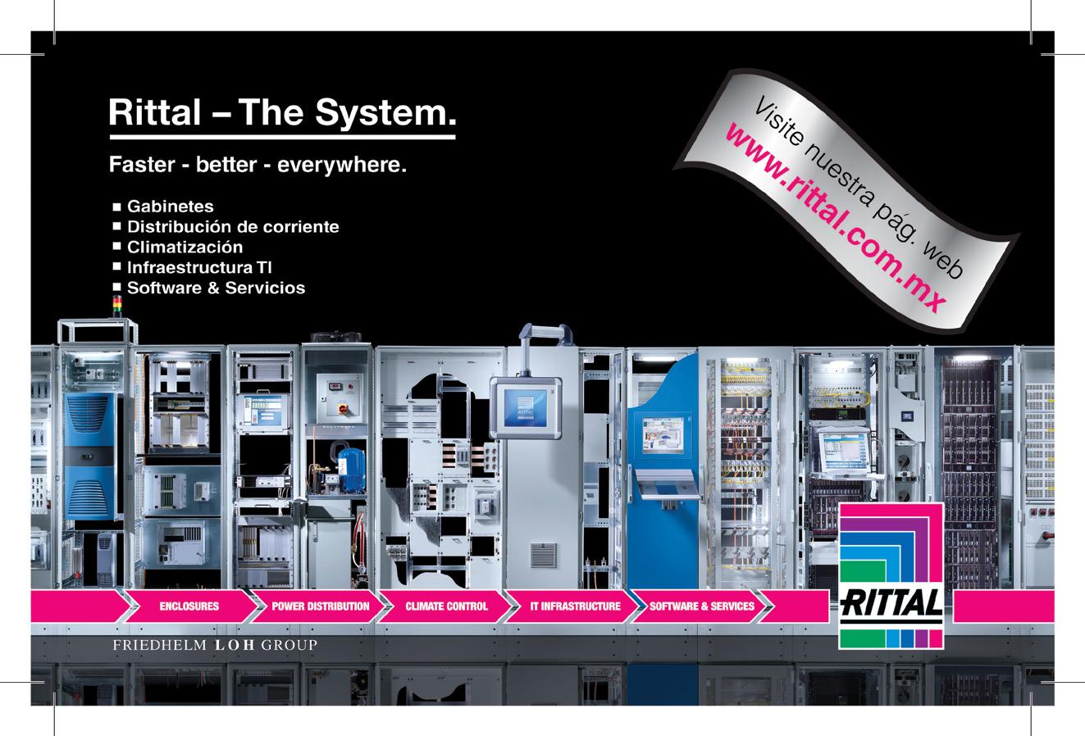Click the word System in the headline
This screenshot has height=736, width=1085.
(385, 112)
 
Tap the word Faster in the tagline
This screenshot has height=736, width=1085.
(140, 166)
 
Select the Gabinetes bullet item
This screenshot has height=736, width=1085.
(170, 207)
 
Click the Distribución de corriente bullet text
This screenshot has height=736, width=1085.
(232, 227)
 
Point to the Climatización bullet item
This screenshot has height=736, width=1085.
(185, 248)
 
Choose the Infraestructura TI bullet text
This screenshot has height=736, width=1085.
(199, 268)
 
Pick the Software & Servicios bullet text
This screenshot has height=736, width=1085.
(216, 288)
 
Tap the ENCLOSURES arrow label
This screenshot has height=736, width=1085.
(189, 607)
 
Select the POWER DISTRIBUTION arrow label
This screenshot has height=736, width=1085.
(321, 607)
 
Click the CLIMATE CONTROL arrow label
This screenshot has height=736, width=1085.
(446, 607)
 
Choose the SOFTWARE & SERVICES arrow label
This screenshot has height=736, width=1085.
(702, 607)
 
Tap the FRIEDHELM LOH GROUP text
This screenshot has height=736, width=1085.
(214, 646)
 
